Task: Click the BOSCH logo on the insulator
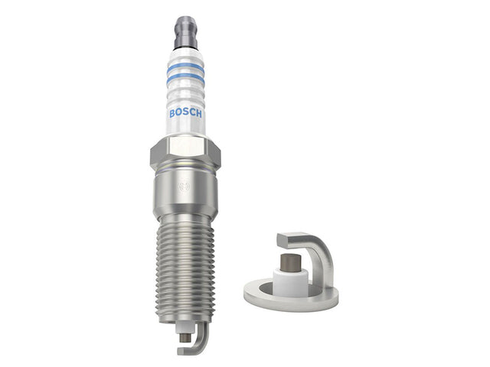coord(185,113)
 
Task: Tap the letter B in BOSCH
coord(172,114)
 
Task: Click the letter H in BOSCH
coord(199,114)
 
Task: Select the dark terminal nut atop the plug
coord(185,33)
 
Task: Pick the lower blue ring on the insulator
coord(185,78)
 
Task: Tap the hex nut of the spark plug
coord(185,154)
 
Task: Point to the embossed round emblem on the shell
coord(184,187)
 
